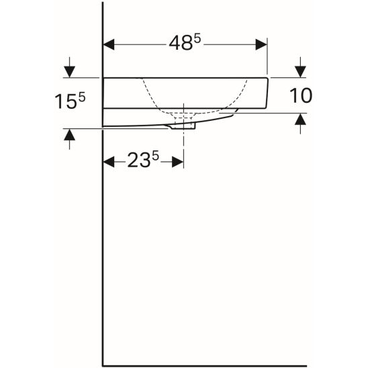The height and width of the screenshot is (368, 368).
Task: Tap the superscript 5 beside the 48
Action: click(x=197, y=39)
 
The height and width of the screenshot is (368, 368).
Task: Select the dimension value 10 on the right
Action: click(x=301, y=95)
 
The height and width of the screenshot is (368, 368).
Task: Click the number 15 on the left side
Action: click(x=66, y=102)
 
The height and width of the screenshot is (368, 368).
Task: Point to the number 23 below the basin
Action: click(x=139, y=160)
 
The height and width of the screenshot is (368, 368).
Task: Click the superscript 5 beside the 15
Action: click(x=82, y=97)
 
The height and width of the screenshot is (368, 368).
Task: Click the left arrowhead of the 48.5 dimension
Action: click(x=109, y=44)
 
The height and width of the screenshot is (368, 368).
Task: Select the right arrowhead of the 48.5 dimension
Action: click(x=261, y=44)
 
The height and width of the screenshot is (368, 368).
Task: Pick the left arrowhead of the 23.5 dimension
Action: click(x=109, y=162)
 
